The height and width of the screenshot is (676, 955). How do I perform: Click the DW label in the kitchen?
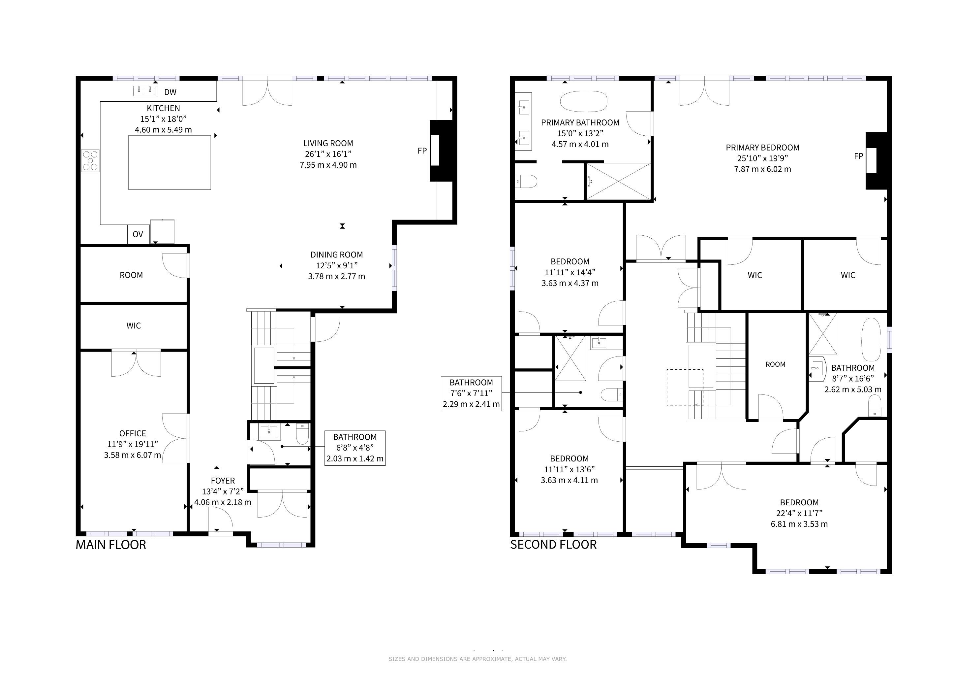(x=170, y=92)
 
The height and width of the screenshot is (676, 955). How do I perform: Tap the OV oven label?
(x=138, y=234)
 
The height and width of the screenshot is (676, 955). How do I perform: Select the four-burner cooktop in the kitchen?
(x=91, y=161)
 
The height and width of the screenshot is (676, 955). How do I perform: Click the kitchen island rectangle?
(x=170, y=162)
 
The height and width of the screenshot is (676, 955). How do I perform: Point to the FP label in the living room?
(x=422, y=151)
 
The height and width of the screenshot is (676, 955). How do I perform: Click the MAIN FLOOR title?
(x=111, y=545)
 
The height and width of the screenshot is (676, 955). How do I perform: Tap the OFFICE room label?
(x=133, y=433)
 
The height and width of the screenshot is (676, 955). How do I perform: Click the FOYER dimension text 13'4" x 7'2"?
(x=223, y=491)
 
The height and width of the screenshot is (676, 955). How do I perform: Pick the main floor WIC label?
(x=134, y=325)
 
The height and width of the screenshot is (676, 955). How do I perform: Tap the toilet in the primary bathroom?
(x=526, y=182)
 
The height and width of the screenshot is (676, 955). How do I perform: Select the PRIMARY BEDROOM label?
(x=762, y=147)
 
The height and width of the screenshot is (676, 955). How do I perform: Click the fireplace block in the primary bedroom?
(x=877, y=161)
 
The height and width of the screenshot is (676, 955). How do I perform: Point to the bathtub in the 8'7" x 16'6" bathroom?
(x=871, y=340)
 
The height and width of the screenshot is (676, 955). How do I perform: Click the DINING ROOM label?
(x=336, y=255)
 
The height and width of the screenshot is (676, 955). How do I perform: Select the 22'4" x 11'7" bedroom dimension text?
(x=799, y=513)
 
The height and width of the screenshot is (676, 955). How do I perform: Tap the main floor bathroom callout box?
(x=355, y=448)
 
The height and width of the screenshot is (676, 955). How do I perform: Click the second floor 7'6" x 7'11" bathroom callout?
(x=471, y=393)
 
